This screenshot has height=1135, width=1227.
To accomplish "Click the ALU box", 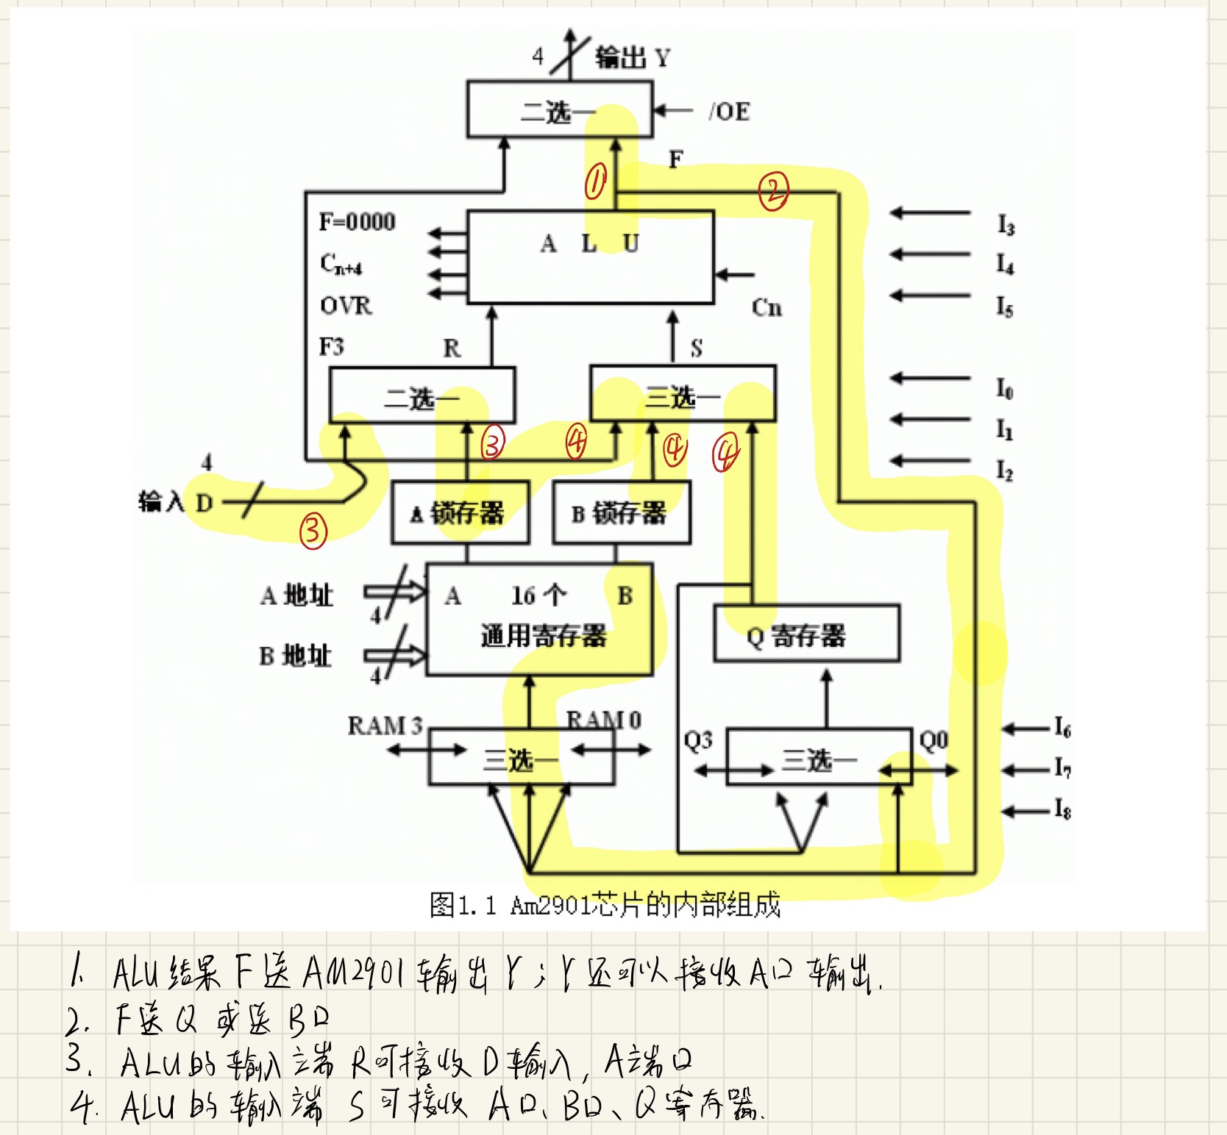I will click(x=590, y=257).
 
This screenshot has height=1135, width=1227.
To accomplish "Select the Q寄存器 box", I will click(x=806, y=634).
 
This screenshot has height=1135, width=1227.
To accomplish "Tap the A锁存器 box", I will click(x=460, y=513).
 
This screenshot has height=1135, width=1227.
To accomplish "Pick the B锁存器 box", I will click(x=622, y=513).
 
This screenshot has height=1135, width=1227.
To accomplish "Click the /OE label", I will click(x=729, y=112).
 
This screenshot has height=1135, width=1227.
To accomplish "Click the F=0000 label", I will click(x=357, y=221).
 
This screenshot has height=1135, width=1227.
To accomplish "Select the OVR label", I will click(x=346, y=305).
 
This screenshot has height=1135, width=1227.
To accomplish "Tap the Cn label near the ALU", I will click(x=767, y=307).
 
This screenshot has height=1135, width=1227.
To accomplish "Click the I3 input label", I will click(x=1006, y=224).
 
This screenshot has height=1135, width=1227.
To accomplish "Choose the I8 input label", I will click(x=1062, y=809).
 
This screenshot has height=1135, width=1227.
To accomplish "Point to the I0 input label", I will click(x=1005, y=387).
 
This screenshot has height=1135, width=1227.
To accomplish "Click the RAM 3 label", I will click(x=385, y=726).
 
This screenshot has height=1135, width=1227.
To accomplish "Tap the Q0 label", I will click(x=933, y=740).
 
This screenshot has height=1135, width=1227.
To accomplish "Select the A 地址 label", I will click(x=296, y=595).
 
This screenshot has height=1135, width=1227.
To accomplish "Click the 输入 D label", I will click(x=176, y=502).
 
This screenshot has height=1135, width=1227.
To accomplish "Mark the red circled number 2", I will click(x=773, y=191).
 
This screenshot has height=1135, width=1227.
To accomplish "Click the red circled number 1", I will click(x=595, y=182).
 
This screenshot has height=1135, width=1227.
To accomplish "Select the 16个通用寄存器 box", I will click(x=539, y=619).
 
